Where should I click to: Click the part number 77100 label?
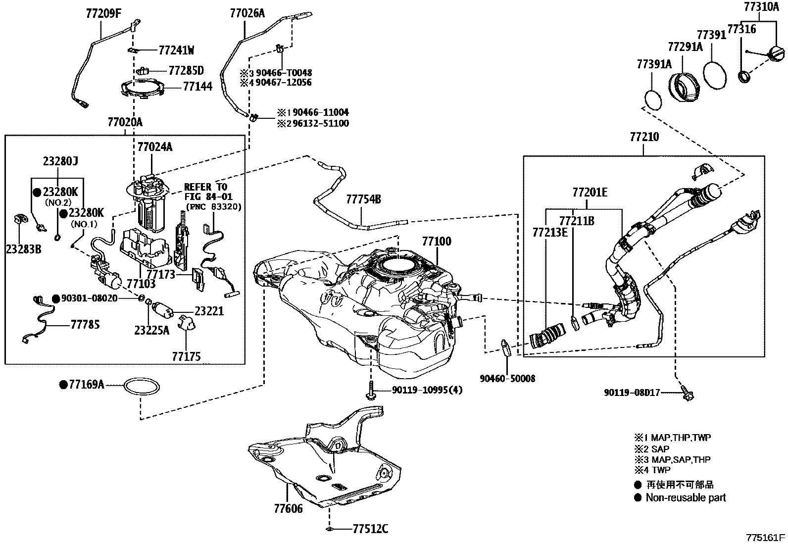tap(437, 242)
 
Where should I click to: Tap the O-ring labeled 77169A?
tap(142, 387)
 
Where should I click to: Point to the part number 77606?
tap(288, 508)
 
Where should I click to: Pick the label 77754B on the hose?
tap(363, 199)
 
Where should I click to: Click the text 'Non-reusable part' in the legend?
tap(686, 497)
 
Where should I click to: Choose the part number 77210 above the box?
tap(644, 137)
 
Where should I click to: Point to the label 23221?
tap(209, 311)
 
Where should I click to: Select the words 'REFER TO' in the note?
tap(205, 187)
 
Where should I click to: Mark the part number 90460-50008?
tap(507, 379)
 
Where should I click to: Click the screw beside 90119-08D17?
tap(687, 393)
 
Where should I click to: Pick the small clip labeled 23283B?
tap(20, 219)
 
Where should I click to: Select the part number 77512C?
tap(370, 529)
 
